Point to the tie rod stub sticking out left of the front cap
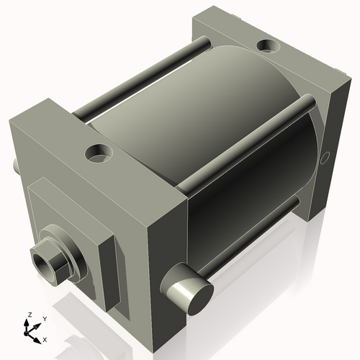[15, 165]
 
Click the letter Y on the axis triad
[44, 318]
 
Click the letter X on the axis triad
[45, 338]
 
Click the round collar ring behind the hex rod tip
[68, 256]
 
